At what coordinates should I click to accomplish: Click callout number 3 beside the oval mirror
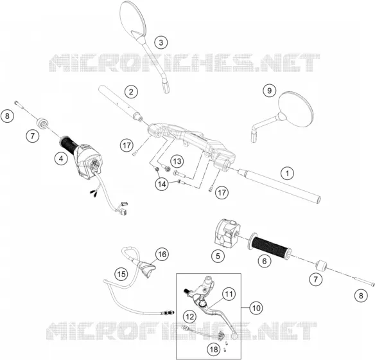161,42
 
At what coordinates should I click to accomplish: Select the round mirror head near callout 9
296,109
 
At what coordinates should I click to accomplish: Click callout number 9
269,91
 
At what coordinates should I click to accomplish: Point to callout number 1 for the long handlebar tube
288,173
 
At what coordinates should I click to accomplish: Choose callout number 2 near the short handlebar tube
131,91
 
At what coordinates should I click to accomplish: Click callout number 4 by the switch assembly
61,158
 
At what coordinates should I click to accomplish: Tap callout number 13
177,161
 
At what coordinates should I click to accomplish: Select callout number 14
162,184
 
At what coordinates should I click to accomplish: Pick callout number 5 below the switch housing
218,256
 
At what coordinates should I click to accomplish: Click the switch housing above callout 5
227,233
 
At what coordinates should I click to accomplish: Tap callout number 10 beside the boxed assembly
256,307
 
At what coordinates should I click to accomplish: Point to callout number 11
229,294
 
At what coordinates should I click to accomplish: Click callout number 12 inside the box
190,317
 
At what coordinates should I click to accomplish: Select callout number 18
214,349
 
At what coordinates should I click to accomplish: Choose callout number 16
162,254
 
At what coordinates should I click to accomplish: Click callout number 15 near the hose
121,274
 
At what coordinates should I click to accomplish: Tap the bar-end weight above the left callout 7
42,123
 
